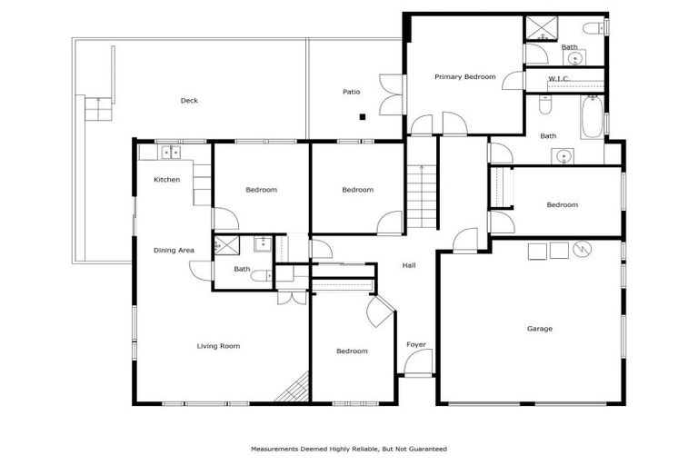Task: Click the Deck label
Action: [x=189, y=101]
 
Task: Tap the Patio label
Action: [x=351, y=92]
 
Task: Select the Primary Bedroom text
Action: [x=464, y=77]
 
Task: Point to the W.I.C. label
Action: [x=558, y=79]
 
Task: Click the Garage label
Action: [x=540, y=329]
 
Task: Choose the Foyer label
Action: [x=416, y=344]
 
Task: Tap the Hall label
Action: [x=409, y=265]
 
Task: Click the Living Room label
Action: [x=218, y=346]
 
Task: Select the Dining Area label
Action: [x=173, y=250]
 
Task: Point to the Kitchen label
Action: [x=166, y=180]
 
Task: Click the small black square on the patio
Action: [x=362, y=116]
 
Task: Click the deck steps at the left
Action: [x=95, y=110]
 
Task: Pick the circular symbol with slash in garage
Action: [x=581, y=249]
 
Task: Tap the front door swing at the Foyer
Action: [x=417, y=363]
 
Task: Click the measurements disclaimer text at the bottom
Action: [x=349, y=449]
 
